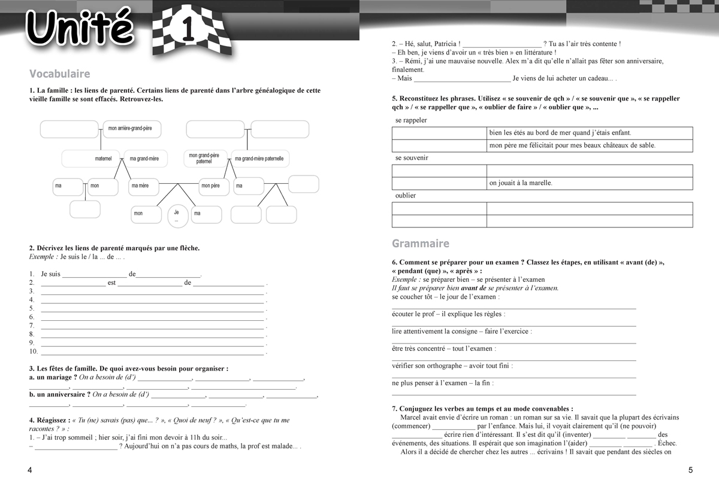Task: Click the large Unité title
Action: [81, 28]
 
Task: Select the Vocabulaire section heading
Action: [59, 74]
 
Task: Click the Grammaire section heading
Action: [420, 244]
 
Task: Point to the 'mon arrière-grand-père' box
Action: [131, 129]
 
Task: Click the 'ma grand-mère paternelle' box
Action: [259, 159]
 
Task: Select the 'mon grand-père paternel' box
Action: [204, 159]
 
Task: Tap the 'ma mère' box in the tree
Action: [141, 186]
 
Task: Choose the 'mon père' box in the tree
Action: [211, 186]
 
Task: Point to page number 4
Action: [29, 470]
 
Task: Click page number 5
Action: [690, 470]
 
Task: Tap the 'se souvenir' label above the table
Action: [412, 158]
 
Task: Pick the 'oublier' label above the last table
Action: [406, 196]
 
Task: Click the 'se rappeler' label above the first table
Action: [411, 120]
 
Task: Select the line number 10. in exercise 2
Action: [34, 351]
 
